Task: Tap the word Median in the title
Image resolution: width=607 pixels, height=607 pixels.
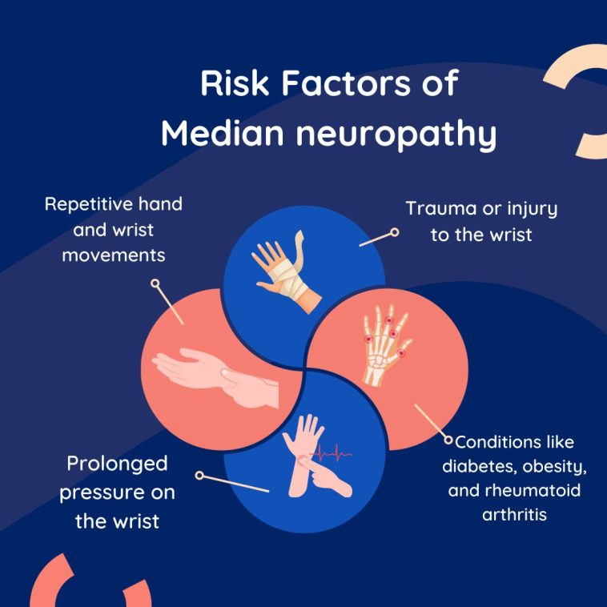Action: pyautogui.click(x=219, y=134)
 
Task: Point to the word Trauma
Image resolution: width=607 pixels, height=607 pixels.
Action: pyautogui.click(x=442, y=209)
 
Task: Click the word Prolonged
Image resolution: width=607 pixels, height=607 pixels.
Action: pyautogui.click(x=117, y=464)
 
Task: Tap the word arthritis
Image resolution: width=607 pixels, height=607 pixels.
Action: pyautogui.click(x=514, y=513)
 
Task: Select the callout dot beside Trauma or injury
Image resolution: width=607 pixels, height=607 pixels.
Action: pyautogui.click(x=393, y=232)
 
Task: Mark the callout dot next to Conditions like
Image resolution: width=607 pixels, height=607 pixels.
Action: pyautogui.click(x=448, y=439)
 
